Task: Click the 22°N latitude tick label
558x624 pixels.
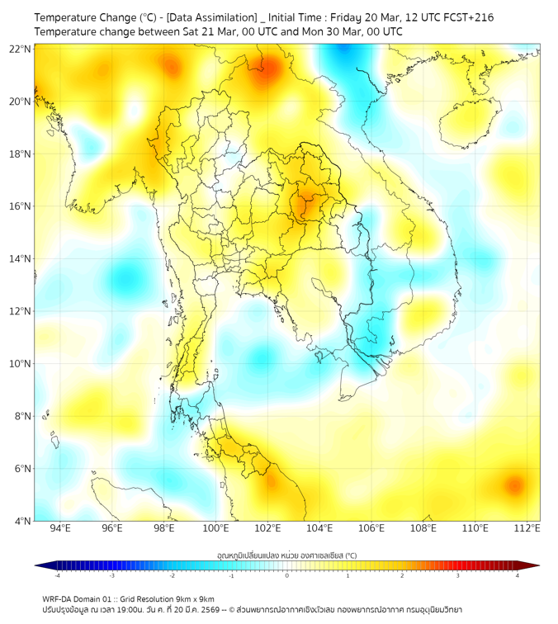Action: coord(21,50)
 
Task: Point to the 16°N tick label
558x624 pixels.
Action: coord(21,206)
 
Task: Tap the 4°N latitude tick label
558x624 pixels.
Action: coord(22,521)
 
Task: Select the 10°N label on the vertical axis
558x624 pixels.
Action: coord(21,363)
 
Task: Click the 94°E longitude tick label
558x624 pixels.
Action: coord(60,528)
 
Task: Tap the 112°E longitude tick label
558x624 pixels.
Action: coord(527,528)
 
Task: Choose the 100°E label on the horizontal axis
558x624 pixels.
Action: coord(215,528)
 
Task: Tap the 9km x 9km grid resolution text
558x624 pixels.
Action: coord(191,599)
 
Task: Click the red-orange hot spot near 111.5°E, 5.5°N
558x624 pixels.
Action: coord(514,485)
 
